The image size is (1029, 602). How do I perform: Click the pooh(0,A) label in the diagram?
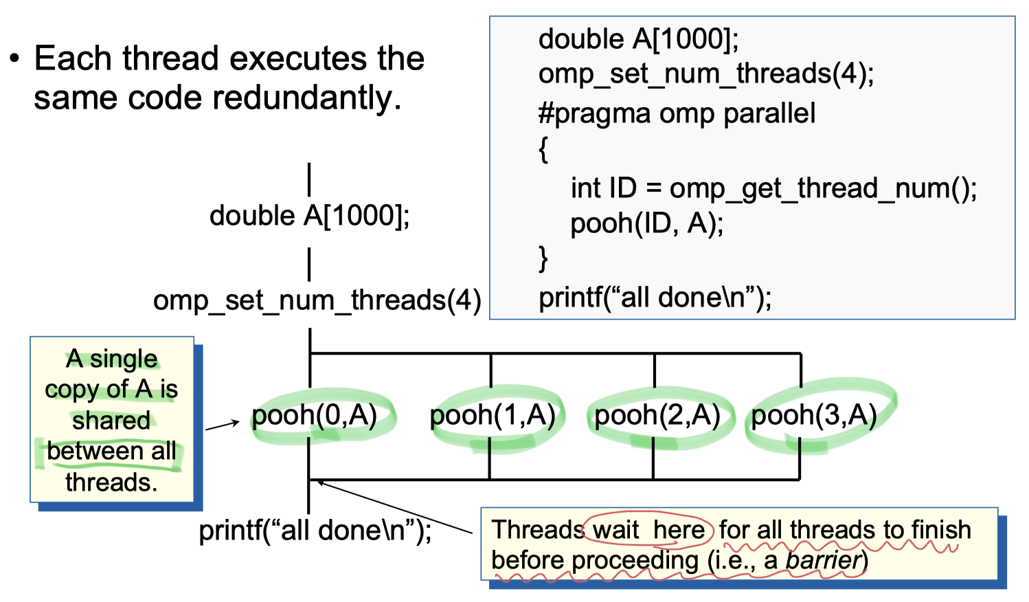pos(315,415)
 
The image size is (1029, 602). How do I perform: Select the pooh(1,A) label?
pos(493,415)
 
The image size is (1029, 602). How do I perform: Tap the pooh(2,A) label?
pos(657,415)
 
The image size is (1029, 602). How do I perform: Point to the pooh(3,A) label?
pos(814,415)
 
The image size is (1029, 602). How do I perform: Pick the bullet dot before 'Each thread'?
pos(14,59)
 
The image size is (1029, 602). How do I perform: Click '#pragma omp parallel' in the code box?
pos(677,113)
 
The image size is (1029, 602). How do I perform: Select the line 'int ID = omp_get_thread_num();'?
pos(773,188)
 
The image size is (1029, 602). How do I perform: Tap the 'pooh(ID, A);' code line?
pos(647,223)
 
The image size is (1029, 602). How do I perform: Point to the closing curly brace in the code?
pos(543,259)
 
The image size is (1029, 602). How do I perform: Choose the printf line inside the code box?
pos(655,298)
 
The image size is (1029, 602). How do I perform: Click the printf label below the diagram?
pos(315,531)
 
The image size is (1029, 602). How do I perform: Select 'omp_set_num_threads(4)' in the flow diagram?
pos(317,300)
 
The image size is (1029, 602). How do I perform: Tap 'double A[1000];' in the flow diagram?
pos(309,216)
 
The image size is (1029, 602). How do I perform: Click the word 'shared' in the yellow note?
pos(111,420)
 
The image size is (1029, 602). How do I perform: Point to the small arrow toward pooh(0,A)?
pos(222,425)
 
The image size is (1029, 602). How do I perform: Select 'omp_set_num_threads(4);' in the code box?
pos(706,74)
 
